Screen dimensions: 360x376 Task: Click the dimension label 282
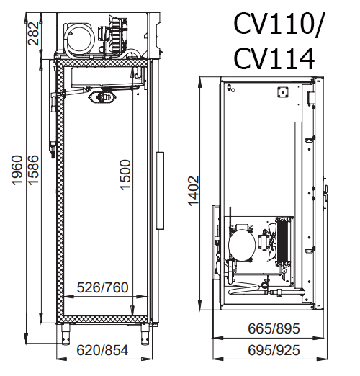[x=33, y=34]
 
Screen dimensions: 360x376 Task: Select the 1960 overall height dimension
[x=17, y=170]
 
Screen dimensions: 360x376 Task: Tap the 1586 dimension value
[x=33, y=170]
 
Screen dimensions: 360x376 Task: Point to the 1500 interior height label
[x=125, y=175]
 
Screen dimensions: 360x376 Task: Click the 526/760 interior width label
[x=102, y=287]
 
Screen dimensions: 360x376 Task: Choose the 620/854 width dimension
[x=102, y=350]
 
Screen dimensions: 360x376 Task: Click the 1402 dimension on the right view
[x=194, y=191]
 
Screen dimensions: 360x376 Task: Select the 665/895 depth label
[x=274, y=328]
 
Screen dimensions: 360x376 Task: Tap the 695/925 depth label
[x=274, y=350]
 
